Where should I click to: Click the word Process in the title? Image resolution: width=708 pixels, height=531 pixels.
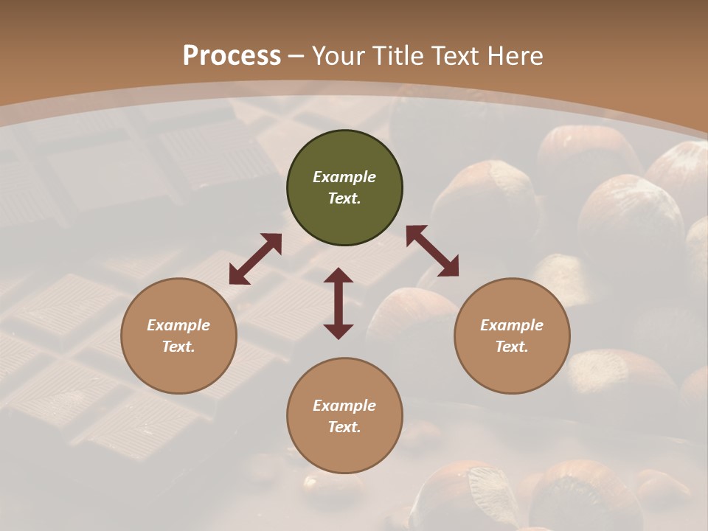232,55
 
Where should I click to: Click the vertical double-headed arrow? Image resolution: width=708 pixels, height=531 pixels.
339,303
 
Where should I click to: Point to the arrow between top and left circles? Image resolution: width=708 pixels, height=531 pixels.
255,258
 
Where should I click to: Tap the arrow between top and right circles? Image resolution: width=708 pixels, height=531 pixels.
432,251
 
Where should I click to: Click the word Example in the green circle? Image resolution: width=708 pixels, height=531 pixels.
344,177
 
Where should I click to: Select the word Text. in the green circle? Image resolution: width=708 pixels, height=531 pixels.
344,198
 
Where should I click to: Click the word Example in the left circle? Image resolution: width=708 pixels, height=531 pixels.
178,325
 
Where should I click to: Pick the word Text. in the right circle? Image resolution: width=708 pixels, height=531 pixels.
512,347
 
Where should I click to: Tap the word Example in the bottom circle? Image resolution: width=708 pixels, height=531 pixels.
344,406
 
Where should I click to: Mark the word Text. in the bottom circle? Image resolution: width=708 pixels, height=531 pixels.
344,427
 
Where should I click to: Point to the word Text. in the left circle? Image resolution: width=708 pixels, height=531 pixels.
178,347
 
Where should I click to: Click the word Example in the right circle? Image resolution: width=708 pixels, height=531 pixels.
512,325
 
